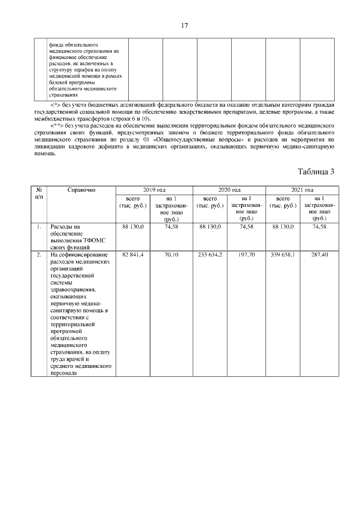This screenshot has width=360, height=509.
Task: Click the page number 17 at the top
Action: tap(184, 26)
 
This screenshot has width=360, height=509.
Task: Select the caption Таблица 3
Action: tap(316, 172)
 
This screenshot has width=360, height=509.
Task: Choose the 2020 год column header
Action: tap(228, 190)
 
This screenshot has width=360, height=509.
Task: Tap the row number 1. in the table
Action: tap(39, 227)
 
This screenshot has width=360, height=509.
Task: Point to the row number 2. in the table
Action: tap(39, 255)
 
